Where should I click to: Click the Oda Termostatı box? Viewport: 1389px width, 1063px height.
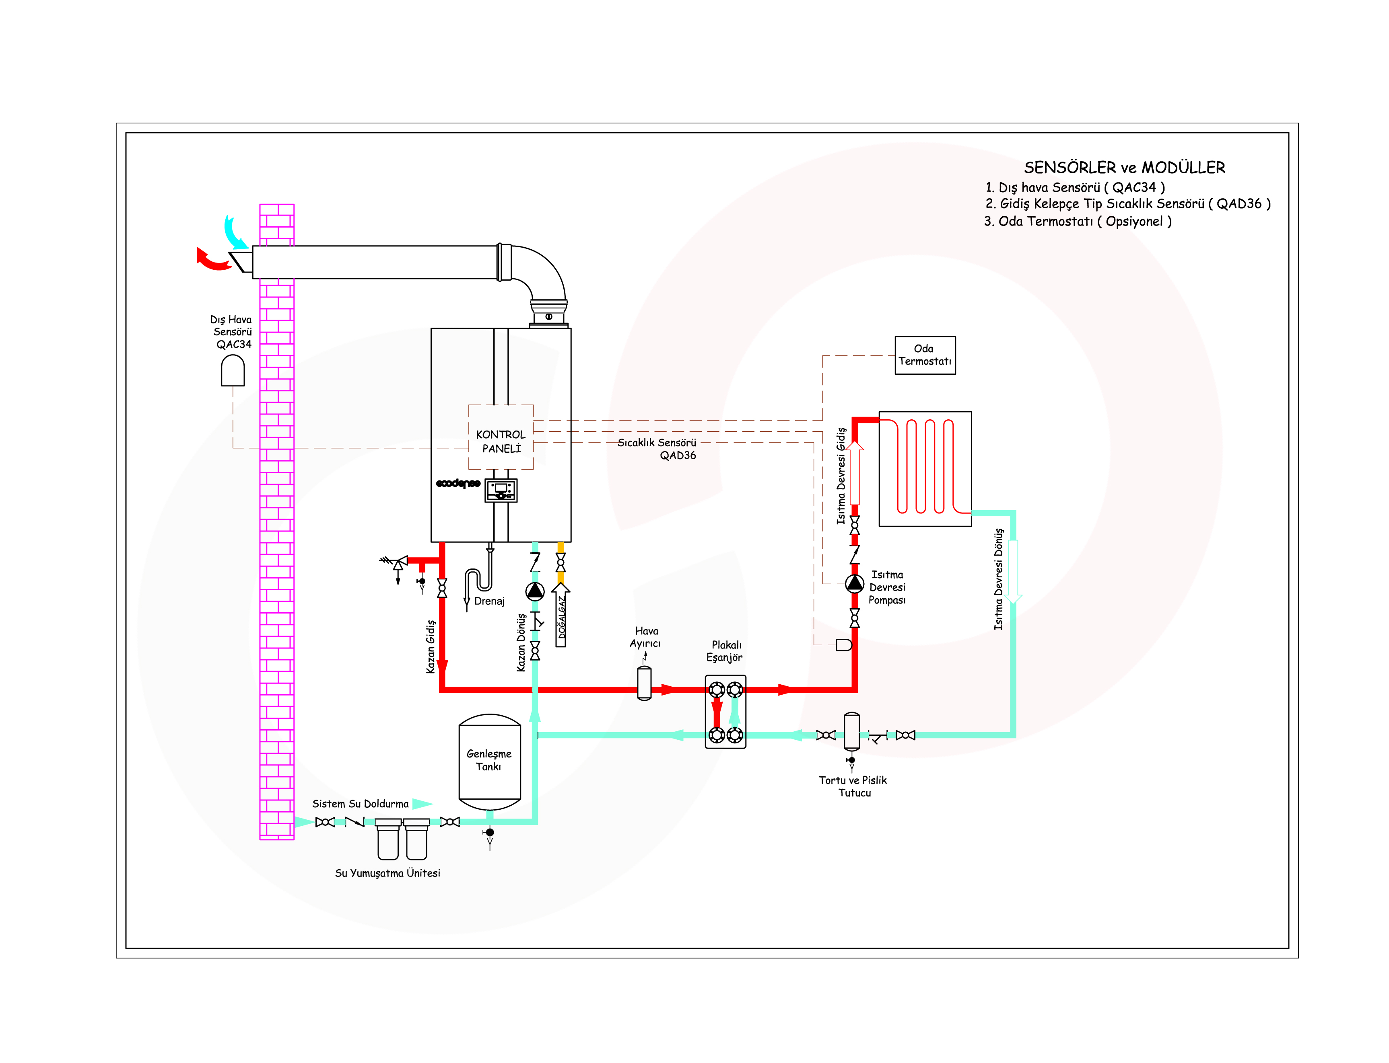pyautogui.click(x=924, y=355)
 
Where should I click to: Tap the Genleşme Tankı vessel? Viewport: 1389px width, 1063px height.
pyautogui.click(x=489, y=762)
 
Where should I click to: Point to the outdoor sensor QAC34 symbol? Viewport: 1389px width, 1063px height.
pyautogui.click(x=232, y=370)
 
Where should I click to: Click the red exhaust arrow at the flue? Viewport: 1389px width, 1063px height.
pyautogui.click(x=213, y=259)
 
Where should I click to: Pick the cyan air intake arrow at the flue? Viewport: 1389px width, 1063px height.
pyautogui.click(x=235, y=232)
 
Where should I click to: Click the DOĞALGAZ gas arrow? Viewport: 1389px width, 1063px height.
pyautogui.click(x=560, y=614)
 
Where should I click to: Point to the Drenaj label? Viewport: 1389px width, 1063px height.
pyautogui.click(x=489, y=601)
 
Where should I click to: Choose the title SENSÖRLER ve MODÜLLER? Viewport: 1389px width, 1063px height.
pyautogui.click(x=1124, y=168)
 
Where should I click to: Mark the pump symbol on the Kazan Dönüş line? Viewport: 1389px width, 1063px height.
pyautogui.click(x=535, y=591)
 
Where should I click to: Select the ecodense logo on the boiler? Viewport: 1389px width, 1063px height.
pyautogui.click(x=458, y=483)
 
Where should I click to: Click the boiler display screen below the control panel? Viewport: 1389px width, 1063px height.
pyautogui.click(x=501, y=490)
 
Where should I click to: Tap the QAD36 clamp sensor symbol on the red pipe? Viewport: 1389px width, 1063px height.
pyautogui.click(x=844, y=645)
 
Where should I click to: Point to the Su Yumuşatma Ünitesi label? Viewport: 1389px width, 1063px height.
pyautogui.click(x=387, y=873)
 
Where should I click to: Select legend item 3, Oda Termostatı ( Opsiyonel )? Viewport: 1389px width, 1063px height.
pyautogui.click(x=1078, y=222)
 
